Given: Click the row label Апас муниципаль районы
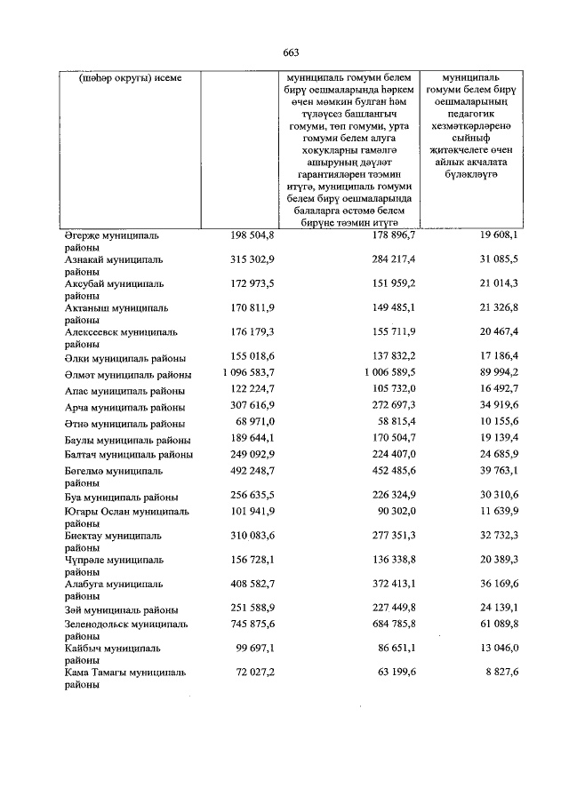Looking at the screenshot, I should click(124, 391).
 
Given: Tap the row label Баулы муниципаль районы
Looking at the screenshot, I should click(126, 439).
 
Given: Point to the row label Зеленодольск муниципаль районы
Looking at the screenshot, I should click(125, 631).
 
